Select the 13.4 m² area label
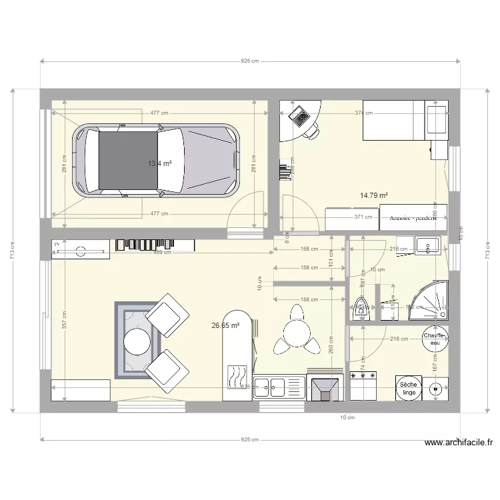point(161,163)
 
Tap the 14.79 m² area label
point(374,195)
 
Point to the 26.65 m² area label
point(225,326)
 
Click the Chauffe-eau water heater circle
point(435,339)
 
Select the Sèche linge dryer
point(409,389)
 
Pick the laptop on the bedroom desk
point(299,117)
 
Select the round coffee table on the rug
point(138,341)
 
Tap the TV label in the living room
point(57,244)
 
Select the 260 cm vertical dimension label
point(331,344)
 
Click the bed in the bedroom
point(405,121)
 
